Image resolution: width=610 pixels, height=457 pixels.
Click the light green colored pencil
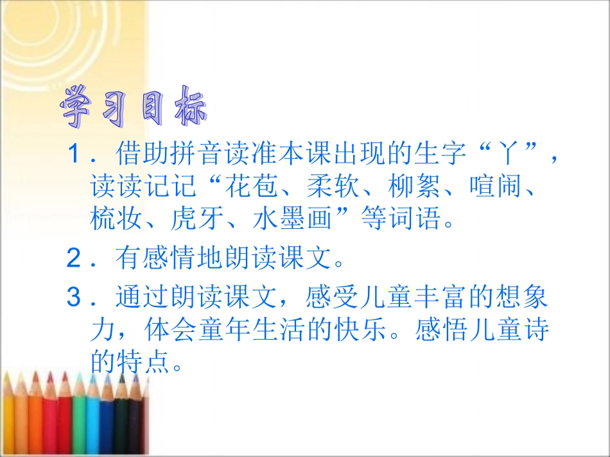(x=79, y=417)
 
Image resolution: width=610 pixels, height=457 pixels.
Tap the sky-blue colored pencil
(x=94, y=417)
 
